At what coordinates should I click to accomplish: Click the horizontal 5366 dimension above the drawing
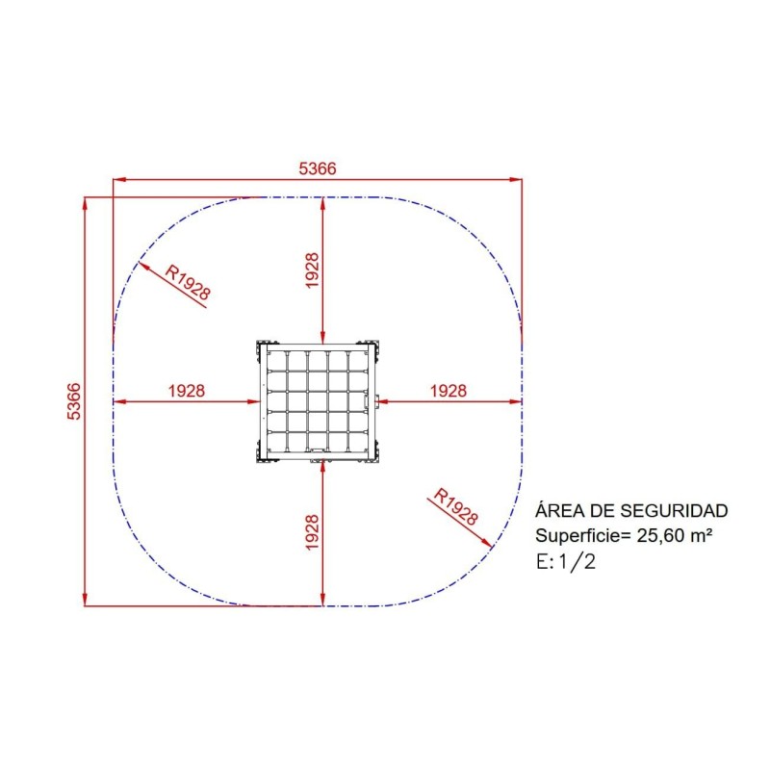click(318, 168)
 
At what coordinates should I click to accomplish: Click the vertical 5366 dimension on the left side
click(73, 401)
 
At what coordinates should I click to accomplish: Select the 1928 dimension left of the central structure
click(187, 391)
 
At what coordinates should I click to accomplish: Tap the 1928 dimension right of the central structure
click(449, 391)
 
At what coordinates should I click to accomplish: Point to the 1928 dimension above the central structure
click(312, 270)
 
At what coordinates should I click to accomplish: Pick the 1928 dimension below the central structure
click(312, 532)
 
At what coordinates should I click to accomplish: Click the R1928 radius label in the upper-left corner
click(188, 282)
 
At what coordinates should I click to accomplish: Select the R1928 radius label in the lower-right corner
click(455, 506)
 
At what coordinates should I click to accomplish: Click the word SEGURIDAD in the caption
click(674, 511)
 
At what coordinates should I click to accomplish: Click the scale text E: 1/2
click(566, 561)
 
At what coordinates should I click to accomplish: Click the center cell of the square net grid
click(318, 401)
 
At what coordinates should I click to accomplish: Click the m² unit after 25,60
click(702, 535)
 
